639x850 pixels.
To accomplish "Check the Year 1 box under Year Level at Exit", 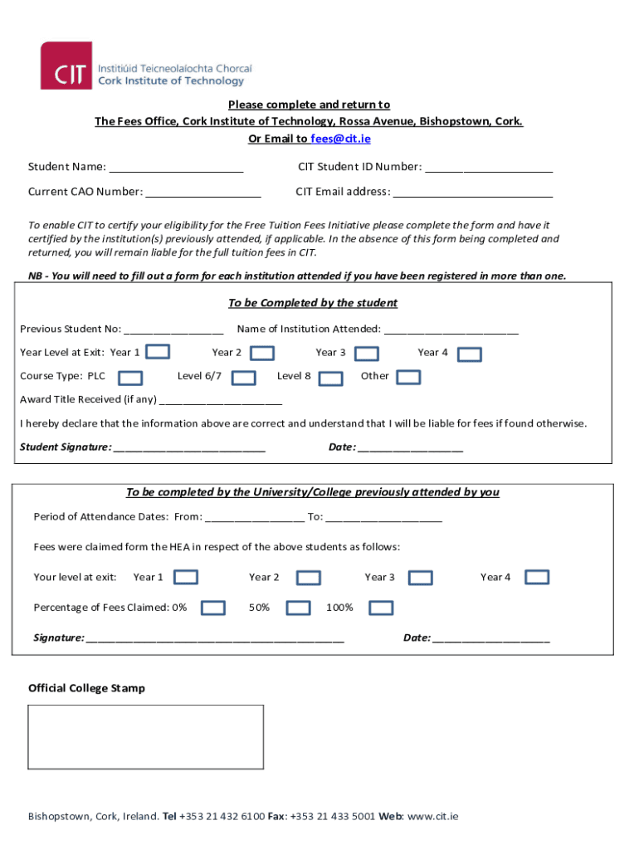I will (x=159, y=353).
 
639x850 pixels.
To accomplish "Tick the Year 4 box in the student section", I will (x=471, y=354).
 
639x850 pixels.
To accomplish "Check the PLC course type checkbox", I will (x=130, y=379).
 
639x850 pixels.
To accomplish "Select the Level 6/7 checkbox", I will (x=243, y=379).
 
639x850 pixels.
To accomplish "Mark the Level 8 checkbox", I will (x=331, y=379).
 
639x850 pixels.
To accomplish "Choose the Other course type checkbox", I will (x=408, y=378).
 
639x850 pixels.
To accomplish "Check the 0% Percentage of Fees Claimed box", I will (x=213, y=608).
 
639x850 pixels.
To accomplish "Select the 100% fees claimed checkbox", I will (x=381, y=608).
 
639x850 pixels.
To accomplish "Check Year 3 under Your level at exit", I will (x=421, y=578).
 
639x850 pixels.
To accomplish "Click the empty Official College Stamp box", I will (x=146, y=738).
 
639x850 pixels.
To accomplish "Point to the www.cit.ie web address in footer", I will (x=432, y=816).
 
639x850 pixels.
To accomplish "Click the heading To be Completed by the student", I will (x=313, y=303).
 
